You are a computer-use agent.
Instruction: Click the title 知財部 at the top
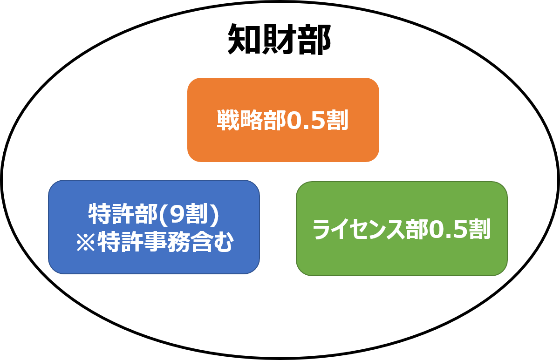280,39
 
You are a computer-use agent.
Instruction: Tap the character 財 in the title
279,39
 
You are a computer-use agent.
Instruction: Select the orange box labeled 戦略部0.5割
283,120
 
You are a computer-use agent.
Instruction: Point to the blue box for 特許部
154,227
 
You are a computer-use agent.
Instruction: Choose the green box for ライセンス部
402,229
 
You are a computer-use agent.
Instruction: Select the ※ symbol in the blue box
86,242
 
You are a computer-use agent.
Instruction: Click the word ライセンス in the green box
358,229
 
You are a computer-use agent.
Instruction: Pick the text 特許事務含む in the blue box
165,242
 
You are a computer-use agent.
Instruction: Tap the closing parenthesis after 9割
215,214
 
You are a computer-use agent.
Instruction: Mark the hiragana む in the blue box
223,242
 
